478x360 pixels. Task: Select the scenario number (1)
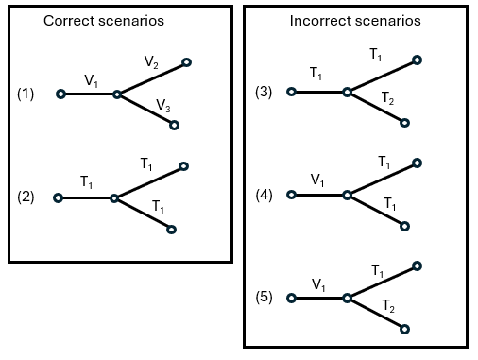click(x=26, y=94)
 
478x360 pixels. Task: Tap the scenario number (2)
click(x=26, y=197)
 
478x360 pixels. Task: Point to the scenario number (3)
click(x=264, y=92)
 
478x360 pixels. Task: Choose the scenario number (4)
click(x=264, y=195)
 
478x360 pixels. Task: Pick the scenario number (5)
click(x=264, y=298)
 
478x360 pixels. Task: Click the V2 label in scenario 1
click(x=152, y=61)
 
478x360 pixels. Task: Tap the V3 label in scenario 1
click(x=162, y=105)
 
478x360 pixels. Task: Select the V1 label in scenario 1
click(x=91, y=82)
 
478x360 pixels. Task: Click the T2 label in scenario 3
click(x=388, y=98)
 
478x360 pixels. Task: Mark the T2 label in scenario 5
click(x=388, y=304)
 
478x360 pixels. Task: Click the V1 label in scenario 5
click(x=319, y=283)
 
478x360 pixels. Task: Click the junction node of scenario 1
click(x=116, y=94)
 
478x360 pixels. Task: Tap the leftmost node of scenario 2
click(x=59, y=197)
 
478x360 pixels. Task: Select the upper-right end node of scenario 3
click(x=418, y=60)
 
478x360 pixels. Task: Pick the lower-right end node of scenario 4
click(x=404, y=226)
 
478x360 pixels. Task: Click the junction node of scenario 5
click(x=347, y=298)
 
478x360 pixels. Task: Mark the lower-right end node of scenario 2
click(x=171, y=229)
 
